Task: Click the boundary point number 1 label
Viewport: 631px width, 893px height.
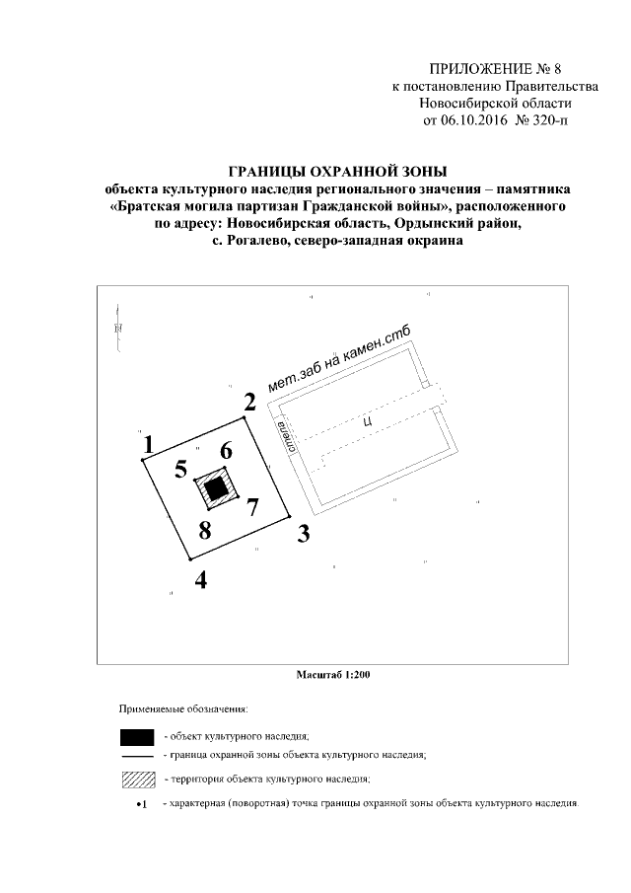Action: click(148, 446)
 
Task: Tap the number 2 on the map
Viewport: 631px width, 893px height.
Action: click(249, 402)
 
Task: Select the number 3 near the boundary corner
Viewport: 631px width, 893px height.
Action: click(304, 536)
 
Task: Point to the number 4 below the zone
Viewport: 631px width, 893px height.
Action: click(201, 579)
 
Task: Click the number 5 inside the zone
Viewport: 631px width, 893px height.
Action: click(180, 469)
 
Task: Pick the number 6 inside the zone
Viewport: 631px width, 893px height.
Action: click(226, 451)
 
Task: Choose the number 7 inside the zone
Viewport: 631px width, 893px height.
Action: click(251, 507)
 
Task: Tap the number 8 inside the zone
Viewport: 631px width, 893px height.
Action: click(205, 529)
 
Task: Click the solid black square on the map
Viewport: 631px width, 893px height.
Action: click(217, 486)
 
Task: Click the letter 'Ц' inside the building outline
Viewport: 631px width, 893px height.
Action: click(367, 419)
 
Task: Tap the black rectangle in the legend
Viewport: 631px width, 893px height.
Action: click(136, 736)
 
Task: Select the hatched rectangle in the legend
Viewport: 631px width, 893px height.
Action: click(136, 780)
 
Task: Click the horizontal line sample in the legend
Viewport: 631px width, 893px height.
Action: click(136, 756)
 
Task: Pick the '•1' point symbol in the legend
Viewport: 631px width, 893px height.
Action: click(141, 804)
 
